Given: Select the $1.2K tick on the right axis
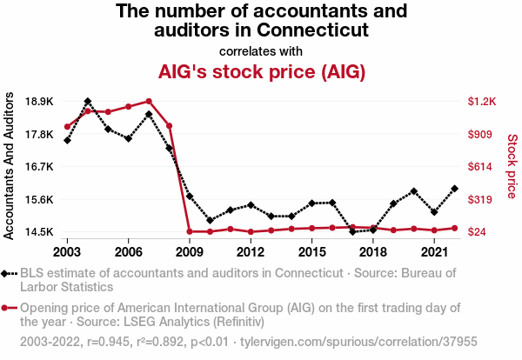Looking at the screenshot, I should [481, 102].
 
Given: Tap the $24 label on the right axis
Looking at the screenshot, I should [478, 232].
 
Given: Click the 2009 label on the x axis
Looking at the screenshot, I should [189, 251].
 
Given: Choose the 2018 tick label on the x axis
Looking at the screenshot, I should [373, 251].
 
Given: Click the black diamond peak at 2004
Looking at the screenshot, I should [88, 102].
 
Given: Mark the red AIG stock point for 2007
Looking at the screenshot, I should [149, 101].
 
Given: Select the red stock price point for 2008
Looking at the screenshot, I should [169, 126].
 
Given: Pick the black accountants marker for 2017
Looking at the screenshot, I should [352, 231].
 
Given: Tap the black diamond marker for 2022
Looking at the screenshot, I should [455, 188].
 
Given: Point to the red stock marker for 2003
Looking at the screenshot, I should [67, 126].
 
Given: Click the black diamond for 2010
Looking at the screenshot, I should [210, 220].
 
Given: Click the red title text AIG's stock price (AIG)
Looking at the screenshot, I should [260, 71].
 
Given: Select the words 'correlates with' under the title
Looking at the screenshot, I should [260, 50].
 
